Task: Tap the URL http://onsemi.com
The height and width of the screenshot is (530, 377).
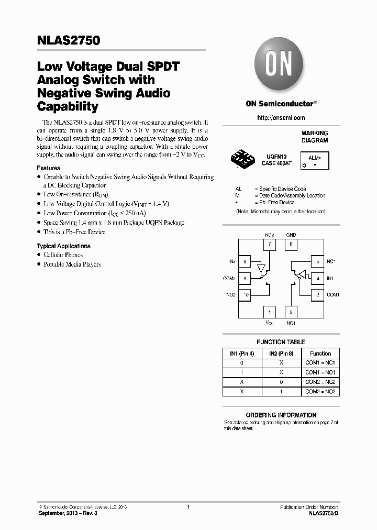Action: tap(281, 118)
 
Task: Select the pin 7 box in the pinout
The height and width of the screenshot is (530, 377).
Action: tap(269, 244)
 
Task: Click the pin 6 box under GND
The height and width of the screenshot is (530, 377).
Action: tap(291, 244)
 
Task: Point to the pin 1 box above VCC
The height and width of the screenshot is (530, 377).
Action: tap(269, 312)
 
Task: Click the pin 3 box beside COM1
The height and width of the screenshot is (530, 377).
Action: tap(317, 295)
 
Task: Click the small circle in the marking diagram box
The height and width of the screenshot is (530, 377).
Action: tap(304, 165)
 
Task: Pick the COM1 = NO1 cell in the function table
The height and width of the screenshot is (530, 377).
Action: tap(320, 372)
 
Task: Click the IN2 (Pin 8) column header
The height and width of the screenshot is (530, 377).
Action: tap(281, 354)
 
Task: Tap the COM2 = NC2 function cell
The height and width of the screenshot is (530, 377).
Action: tap(320, 382)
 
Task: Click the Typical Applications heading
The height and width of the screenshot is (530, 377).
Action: tap(63, 246)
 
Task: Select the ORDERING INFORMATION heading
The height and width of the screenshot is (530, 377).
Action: tap(281, 415)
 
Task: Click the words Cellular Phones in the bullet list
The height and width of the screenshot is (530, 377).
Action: tap(63, 255)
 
